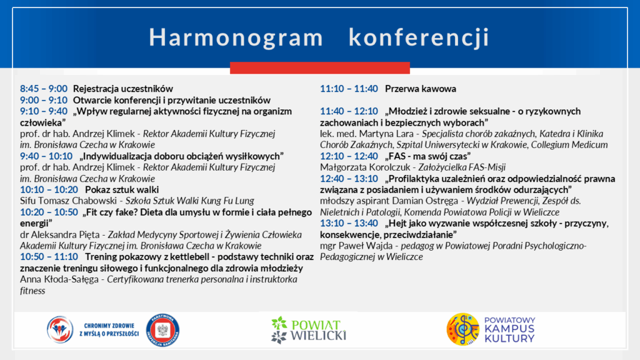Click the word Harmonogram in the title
(236, 37)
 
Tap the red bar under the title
(319, 67)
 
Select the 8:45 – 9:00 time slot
(44, 89)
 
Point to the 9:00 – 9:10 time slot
(44, 100)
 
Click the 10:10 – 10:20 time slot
(49, 189)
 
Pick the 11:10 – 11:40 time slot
(349, 89)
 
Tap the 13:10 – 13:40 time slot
(349, 223)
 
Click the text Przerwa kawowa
(421, 89)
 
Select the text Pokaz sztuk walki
(122, 189)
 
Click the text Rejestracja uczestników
(123, 89)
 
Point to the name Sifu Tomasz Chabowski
(68, 201)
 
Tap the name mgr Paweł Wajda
(356, 246)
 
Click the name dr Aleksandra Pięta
(59, 235)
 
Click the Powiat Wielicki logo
(309, 330)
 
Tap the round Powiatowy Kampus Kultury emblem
(463, 329)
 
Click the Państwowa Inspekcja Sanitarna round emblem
(163, 330)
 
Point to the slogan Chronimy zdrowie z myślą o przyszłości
(109, 330)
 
